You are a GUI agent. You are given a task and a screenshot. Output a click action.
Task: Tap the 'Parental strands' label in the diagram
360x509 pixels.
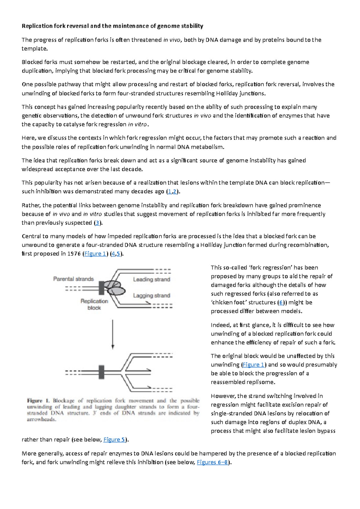(73, 279)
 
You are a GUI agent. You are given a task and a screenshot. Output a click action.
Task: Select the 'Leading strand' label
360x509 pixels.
(151, 279)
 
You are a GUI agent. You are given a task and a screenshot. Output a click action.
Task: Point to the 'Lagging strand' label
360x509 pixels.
(151, 296)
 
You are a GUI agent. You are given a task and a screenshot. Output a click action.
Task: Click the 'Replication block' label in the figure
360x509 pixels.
(94, 304)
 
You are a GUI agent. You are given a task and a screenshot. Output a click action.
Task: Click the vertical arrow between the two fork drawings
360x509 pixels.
(113, 334)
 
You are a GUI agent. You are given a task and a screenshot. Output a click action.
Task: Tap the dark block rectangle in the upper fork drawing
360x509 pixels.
(101, 288)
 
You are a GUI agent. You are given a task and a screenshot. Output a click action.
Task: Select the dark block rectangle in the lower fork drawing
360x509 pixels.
(101, 372)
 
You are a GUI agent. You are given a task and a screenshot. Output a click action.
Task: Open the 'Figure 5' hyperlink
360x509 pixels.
(114, 440)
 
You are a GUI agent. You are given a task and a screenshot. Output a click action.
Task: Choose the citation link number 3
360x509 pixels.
(97, 223)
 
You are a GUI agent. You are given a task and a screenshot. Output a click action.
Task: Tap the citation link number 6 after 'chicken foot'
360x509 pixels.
(281, 302)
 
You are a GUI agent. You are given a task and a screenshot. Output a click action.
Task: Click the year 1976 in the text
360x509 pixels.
(74, 254)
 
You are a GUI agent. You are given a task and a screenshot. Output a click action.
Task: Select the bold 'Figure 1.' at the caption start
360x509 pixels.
(39, 401)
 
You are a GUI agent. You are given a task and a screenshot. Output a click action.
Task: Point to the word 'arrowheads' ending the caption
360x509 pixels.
(41, 419)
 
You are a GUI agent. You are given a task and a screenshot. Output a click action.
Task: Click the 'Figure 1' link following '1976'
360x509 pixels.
(95, 254)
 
